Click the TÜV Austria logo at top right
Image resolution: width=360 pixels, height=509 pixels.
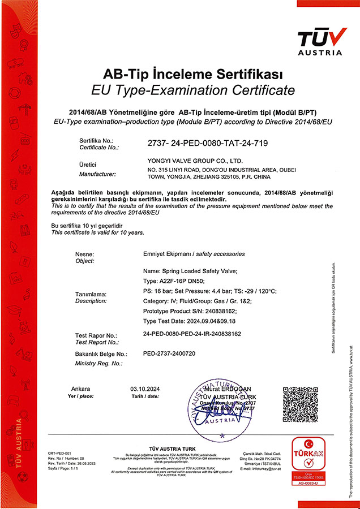click(x=320, y=40)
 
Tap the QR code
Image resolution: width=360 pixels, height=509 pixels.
click(x=303, y=408)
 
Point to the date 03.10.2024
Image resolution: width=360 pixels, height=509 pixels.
click(x=142, y=389)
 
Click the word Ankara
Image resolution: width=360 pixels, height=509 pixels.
click(x=81, y=389)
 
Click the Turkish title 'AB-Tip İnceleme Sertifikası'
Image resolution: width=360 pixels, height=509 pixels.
click(x=193, y=74)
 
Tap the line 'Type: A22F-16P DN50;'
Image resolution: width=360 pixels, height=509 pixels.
click(x=174, y=281)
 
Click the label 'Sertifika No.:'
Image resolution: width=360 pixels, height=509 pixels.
click(x=97, y=140)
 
